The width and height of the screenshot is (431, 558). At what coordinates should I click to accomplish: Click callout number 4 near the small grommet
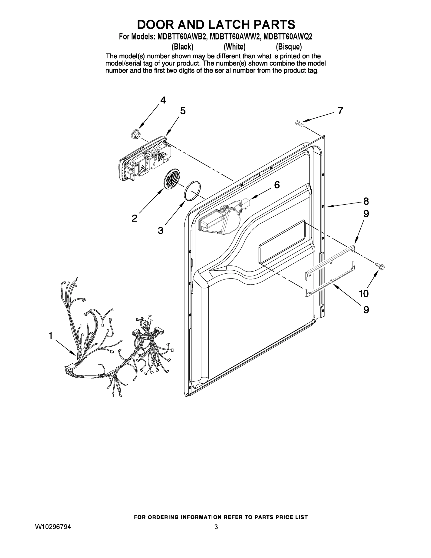coord(163,100)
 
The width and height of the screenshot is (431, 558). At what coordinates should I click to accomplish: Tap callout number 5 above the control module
coord(183,111)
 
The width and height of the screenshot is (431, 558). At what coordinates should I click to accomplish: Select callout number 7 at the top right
coord(340,111)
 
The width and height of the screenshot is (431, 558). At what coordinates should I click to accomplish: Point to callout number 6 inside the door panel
coord(277,185)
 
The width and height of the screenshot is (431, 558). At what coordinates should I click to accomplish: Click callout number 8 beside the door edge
coord(366,201)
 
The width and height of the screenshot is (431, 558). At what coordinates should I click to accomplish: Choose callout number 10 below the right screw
coord(364,294)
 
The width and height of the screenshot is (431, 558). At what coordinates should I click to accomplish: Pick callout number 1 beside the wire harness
coord(51,336)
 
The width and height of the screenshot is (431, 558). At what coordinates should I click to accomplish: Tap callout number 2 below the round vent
coord(134,218)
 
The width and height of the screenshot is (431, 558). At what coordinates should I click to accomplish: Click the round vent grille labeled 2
coord(171,179)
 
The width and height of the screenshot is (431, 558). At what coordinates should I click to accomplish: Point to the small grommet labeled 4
coord(135,134)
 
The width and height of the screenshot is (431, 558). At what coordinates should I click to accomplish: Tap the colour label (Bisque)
coord(289,47)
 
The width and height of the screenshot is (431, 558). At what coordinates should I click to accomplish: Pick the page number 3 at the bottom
coord(216,527)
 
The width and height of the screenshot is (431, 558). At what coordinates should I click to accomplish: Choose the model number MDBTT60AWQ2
coord(287,37)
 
